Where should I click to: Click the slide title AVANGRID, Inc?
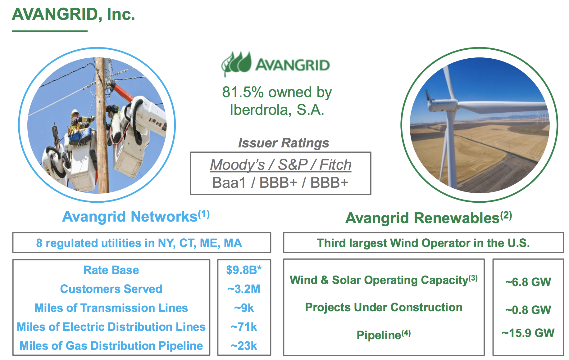pyautogui.click(x=74, y=14)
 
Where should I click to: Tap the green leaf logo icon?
pyautogui.click(x=236, y=64)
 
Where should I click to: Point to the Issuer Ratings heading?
pyautogui.click(x=283, y=143)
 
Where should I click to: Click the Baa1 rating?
pyautogui.click(x=229, y=182)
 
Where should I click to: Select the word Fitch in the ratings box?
pyautogui.click(x=335, y=164)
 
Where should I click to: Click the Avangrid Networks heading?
pyautogui.click(x=136, y=216)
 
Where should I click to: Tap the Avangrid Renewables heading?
pyautogui.click(x=429, y=218)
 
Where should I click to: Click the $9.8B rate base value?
pyautogui.click(x=244, y=270)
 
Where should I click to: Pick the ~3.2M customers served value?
pyautogui.click(x=244, y=289)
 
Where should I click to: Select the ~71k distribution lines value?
pyautogui.click(x=244, y=327)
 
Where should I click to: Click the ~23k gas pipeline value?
pyautogui.click(x=244, y=346)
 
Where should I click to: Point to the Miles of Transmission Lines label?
pyautogui.click(x=111, y=308)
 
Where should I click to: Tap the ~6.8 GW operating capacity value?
pyautogui.click(x=528, y=282)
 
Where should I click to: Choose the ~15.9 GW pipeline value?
pyautogui.click(x=528, y=333)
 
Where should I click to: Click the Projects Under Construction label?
pyautogui.click(x=384, y=307)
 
